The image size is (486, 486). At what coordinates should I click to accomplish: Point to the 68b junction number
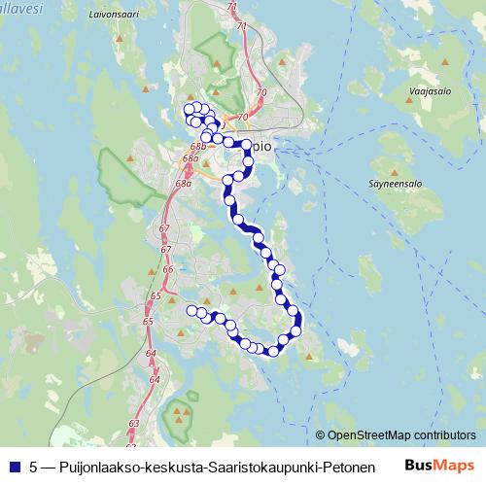click(x=197, y=146)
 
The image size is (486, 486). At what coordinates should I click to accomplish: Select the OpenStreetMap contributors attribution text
click(x=401, y=435)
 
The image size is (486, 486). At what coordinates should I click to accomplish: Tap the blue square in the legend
click(x=13, y=467)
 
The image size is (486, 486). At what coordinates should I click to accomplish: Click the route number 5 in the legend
click(x=34, y=467)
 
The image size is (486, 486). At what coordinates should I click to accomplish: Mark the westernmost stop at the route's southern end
click(x=191, y=310)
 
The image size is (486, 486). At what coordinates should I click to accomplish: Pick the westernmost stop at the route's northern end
click(x=189, y=109)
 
